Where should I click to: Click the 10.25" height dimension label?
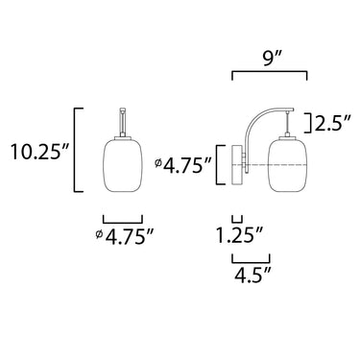click(x=39, y=151)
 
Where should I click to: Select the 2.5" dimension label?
click(x=331, y=124)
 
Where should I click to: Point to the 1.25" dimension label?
click(x=239, y=234)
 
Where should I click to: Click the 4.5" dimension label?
click(x=253, y=275)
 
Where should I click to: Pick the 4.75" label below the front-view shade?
click(x=129, y=237)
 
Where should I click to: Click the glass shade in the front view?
click(x=122, y=165)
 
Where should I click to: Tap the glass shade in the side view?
click(x=288, y=165)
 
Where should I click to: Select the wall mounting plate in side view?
click(x=237, y=165)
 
